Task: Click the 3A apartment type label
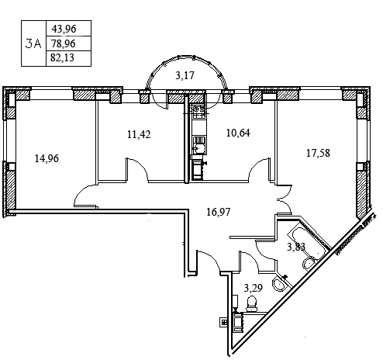33,43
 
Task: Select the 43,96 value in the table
64,29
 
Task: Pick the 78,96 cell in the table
64,43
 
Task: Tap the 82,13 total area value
62,57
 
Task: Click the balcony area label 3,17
185,75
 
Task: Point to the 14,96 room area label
47,158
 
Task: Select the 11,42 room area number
139,134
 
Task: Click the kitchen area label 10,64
238,133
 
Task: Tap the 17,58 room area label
318,153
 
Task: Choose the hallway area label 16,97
219,212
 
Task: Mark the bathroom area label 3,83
296,247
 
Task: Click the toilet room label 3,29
254,288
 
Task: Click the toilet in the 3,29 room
251,303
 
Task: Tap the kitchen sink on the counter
199,146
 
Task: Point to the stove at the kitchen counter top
198,112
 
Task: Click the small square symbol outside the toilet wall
223,322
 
